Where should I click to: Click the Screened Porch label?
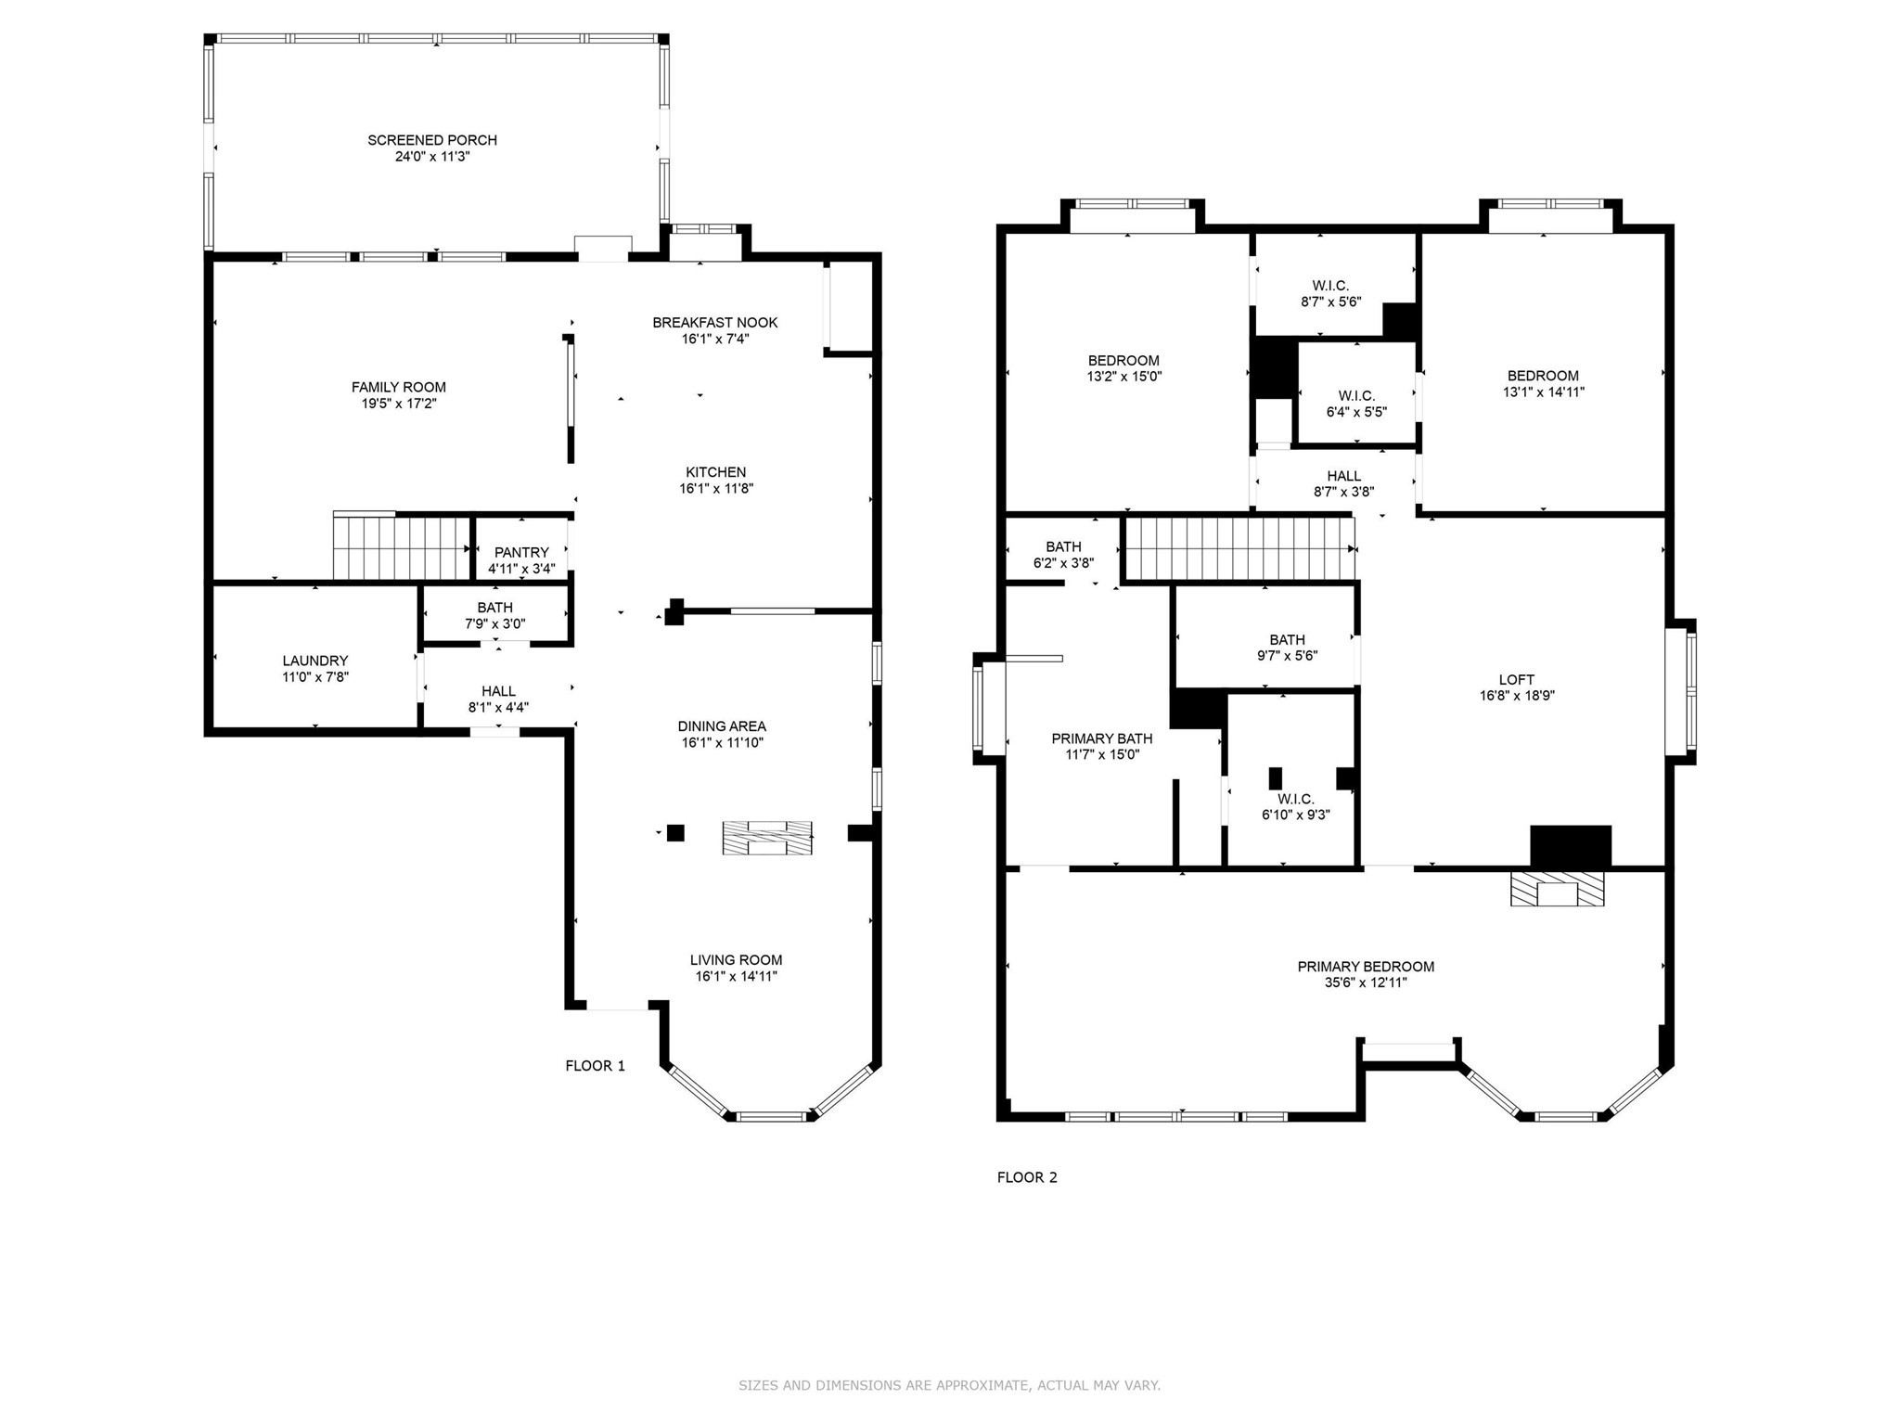pyautogui.click(x=432, y=140)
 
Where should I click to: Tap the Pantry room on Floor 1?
pyautogui.click(x=521, y=559)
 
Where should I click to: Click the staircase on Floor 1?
pyautogui.click(x=402, y=548)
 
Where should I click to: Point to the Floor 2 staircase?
pyautogui.click(x=1239, y=548)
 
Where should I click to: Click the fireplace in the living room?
pyautogui.click(x=767, y=838)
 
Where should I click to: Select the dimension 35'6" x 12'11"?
pyautogui.click(x=1366, y=982)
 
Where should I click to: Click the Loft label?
pyautogui.click(x=1517, y=679)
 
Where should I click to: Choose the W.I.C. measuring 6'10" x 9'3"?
pyautogui.click(x=1295, y=807)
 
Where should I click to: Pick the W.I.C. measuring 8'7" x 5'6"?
pyautogui.click(x=1330, y=293)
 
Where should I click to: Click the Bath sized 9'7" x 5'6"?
pyautogui.click(x=1287, y=647)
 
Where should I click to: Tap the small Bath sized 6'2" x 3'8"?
pyautogui.click(x=1063, y=554)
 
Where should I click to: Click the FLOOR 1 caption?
pyautogui.click(x=595, y=1066)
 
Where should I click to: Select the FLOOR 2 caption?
pyautogui.click(x=1027, y=1177)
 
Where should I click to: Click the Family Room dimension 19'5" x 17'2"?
pyautogui.click(x=399, y=404)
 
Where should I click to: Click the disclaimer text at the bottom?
pyautogui.click(x=949, y=1385)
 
